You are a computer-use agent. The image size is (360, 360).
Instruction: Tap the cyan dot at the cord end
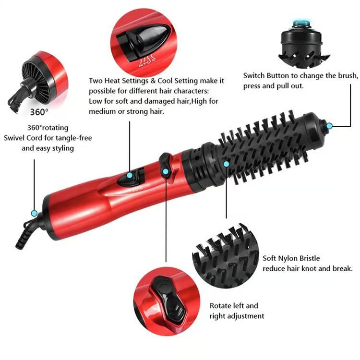(34, 213)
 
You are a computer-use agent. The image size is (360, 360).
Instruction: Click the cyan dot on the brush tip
(329, 126)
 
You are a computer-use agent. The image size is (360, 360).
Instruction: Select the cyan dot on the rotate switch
(166, 171)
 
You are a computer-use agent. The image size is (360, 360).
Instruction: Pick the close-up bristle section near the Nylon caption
(224, 254)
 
